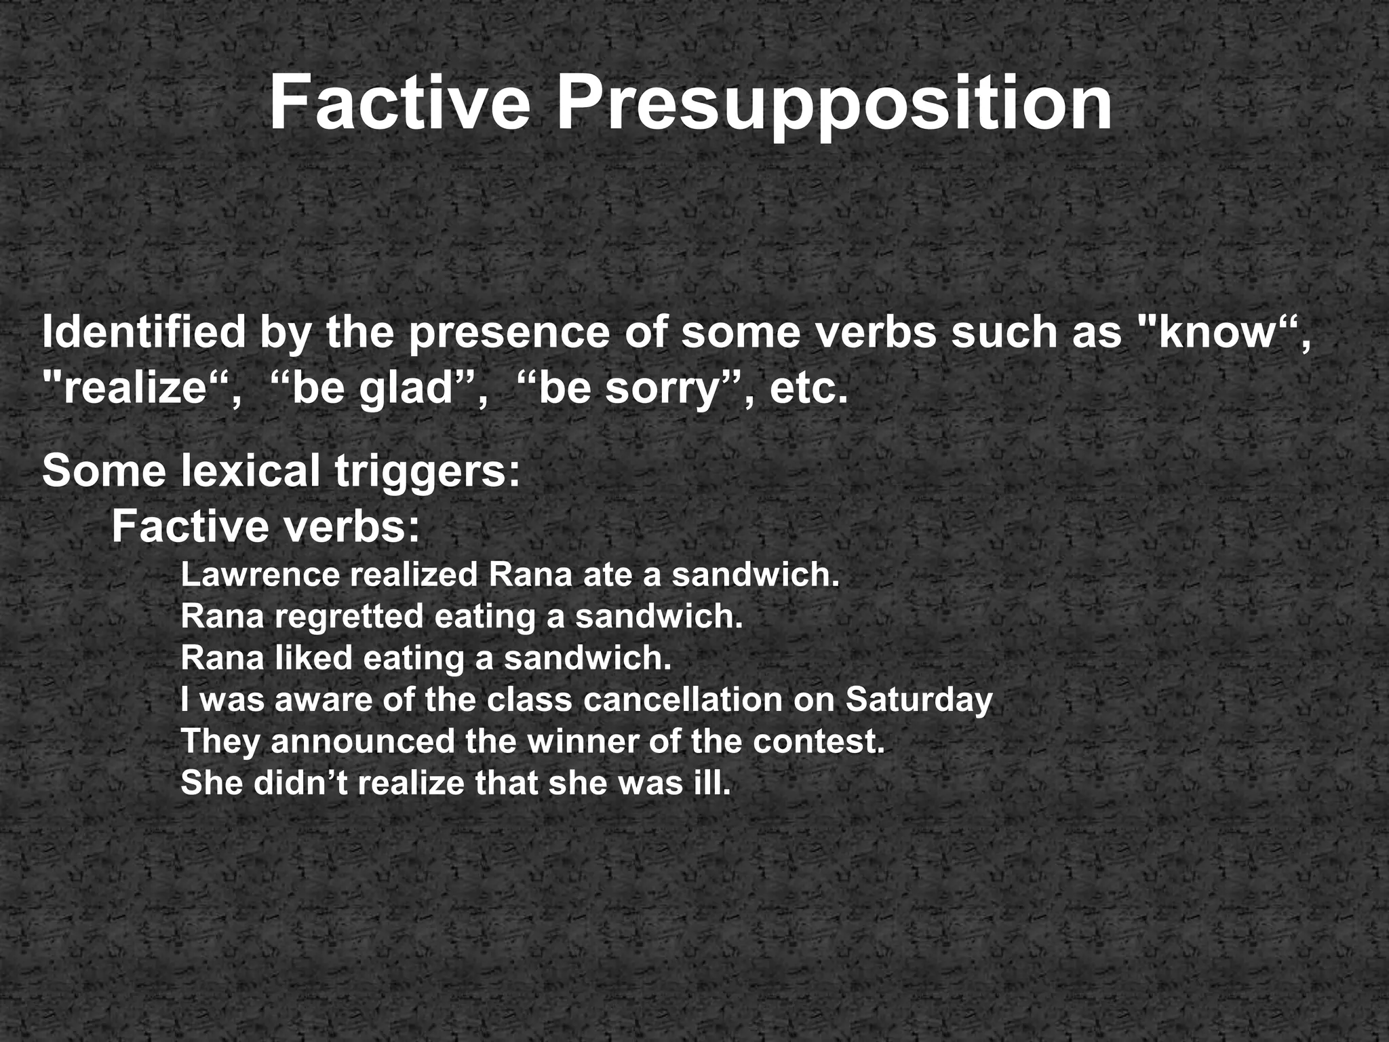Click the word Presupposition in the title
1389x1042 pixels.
(x=834, y=103)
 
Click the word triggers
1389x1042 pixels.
(x=427, y=471)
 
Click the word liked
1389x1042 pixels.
(x=313, y=658)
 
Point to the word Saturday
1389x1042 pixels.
(x=918, y=700)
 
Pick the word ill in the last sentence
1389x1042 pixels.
(x=716, y=783)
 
